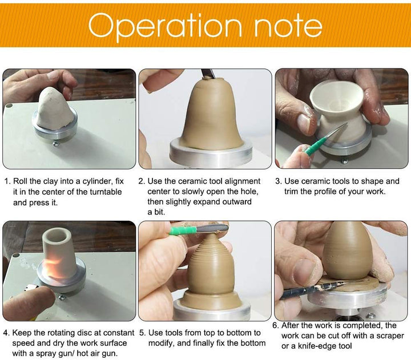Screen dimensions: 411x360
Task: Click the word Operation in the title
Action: tap(165, 27)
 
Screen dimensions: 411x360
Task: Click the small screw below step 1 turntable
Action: tap(56, 143)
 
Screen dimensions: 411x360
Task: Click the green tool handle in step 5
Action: tap(183, 230)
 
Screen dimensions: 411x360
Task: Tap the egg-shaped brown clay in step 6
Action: tap(344, 251)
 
